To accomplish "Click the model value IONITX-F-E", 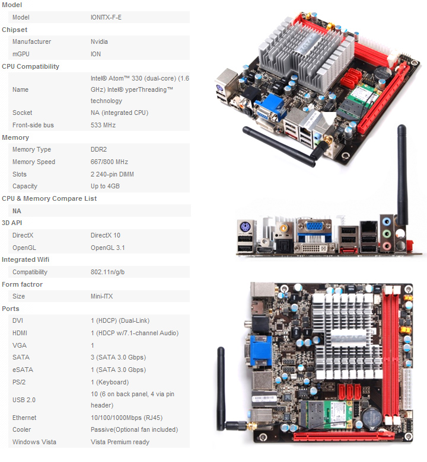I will coord(107,17).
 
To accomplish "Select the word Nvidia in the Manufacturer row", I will coord(99,41).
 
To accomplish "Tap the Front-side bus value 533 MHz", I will coord(103,125).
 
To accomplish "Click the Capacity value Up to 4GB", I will coord(106,186).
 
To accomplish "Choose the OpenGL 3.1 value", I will coord(108,248).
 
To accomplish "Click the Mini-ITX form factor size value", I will coord(102,296).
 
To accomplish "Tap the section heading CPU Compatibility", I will coord(31,66).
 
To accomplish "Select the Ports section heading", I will coord(11,309).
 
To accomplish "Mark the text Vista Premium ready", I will coord(120,442).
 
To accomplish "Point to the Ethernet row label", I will coord(24,418).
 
